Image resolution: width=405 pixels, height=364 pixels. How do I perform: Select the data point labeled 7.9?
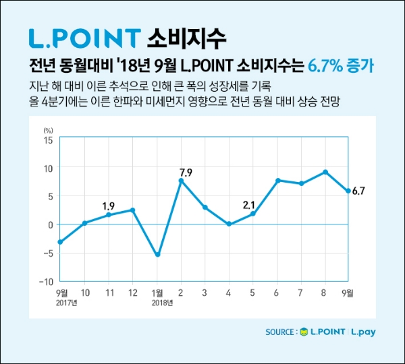point(181,181)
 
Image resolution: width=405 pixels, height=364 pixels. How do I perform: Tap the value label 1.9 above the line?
point(108,205)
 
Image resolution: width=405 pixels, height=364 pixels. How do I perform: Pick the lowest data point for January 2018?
point(157,255)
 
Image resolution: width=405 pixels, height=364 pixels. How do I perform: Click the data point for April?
point(229,224)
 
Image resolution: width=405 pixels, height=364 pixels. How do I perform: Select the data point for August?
point(325,172)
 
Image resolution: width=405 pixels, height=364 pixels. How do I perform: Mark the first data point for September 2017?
point(61,242)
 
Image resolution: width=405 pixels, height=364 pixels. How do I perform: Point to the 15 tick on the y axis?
point(47,140)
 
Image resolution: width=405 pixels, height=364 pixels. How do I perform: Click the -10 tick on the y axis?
point(45,280)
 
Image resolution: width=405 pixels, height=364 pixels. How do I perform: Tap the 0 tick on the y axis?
point(49,224)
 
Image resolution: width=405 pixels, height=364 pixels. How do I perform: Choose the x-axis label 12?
point(133,293)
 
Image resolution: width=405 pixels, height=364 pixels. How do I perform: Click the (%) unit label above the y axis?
point(47,129)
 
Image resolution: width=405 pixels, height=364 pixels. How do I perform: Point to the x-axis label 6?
point(277,293)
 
